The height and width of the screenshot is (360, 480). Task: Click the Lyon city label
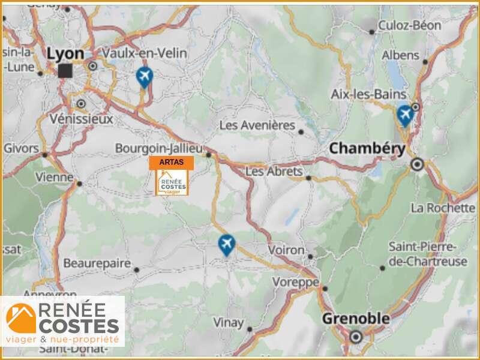65,53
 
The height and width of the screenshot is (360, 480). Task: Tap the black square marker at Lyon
65,71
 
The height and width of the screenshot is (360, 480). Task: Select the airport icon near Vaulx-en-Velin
144,76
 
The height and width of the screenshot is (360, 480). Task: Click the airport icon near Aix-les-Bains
405,114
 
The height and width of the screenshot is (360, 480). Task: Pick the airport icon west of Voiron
226,244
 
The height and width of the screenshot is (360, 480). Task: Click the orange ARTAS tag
172,162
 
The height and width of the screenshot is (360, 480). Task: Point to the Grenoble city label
356,319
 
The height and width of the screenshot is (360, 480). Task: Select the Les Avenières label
257,125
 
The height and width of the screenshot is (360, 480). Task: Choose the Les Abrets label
274,172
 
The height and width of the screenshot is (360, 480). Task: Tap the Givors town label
21,148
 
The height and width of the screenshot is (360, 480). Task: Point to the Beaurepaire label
97,263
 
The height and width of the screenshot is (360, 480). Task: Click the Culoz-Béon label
410,26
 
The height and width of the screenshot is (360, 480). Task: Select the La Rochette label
443,208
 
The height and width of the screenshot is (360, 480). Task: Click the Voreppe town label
295,281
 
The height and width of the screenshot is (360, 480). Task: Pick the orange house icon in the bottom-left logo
22,319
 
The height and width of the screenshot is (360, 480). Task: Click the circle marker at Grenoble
356,337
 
